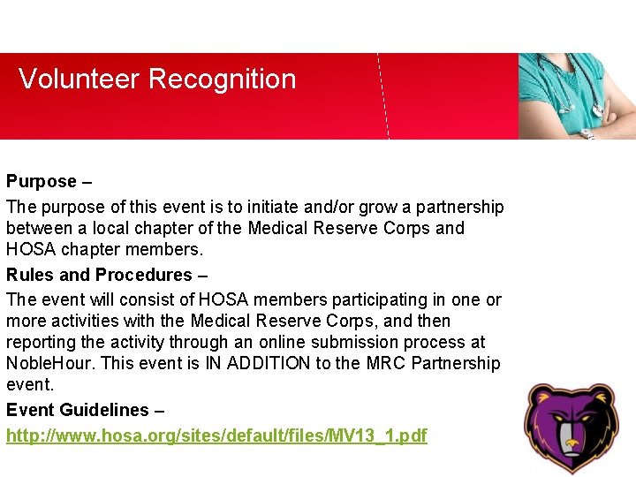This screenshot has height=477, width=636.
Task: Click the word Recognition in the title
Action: [222, 79]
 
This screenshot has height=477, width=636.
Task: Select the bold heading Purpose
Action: [42, 181]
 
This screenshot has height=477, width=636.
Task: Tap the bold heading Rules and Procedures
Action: [99, 275]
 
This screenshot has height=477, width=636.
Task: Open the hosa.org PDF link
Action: [216, 435]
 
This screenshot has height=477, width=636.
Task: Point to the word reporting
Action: [40, 342]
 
